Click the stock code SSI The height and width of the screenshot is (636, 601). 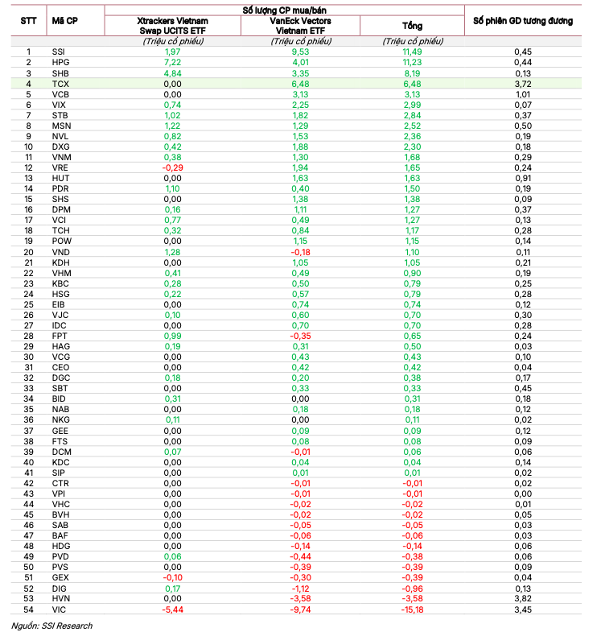58,52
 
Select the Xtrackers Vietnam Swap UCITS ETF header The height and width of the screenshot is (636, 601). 172,25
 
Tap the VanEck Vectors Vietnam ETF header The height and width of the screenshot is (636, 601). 300,25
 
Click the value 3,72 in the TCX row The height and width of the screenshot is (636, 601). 523,84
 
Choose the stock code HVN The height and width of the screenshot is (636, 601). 60,599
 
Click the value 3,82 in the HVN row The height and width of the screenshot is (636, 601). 523,599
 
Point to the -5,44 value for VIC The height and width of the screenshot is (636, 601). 172,609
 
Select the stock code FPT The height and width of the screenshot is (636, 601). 60,336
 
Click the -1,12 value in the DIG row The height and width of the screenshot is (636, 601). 300,589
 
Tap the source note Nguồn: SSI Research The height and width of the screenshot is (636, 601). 52,626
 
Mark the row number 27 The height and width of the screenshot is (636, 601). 28,325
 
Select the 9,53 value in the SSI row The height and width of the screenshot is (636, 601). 300,52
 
